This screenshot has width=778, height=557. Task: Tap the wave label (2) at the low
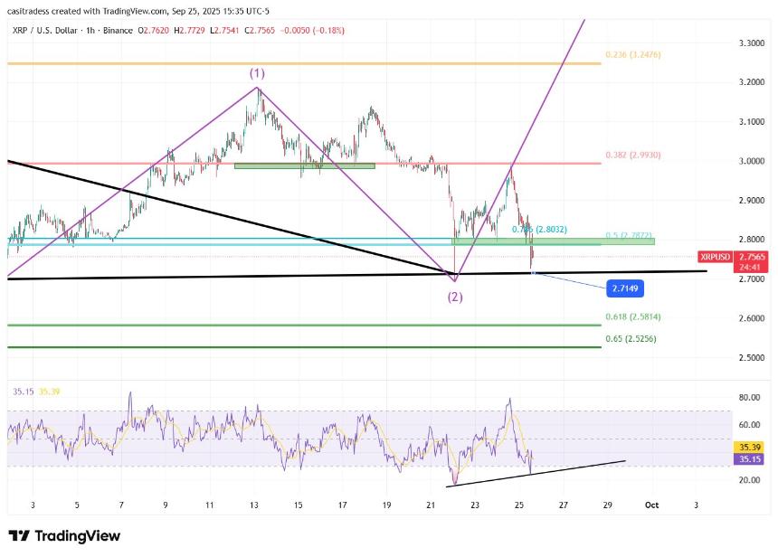(x=454, y=297)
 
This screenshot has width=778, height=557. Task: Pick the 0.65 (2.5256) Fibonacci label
(x=631, y=339)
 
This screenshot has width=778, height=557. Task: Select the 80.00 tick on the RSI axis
(x=748, y=397)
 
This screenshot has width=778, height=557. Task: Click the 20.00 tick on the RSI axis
(x=748, y=480)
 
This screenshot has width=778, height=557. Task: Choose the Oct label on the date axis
(x=651, y=504)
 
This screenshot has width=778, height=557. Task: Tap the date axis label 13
(x=253, y=504)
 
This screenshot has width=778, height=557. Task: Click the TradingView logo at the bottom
(x=64, y=536)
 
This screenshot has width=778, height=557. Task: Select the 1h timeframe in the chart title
(x=94, y=30)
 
